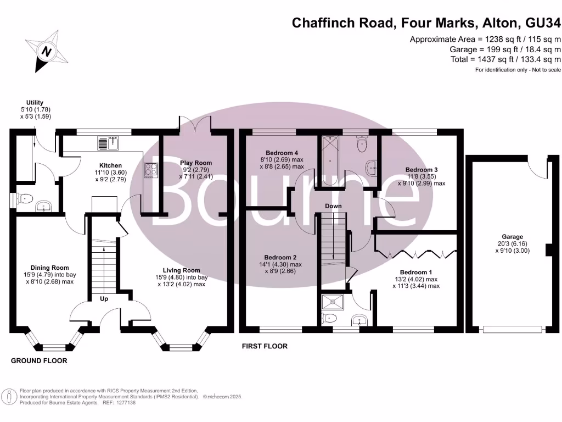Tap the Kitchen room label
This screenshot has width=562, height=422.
pyautogui.click(x=110, y=165)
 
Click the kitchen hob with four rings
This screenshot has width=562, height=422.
pyautogui.click(x=150, y=171)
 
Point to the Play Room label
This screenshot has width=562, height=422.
pyautogui.click(x=196, y=163)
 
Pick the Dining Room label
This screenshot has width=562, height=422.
pyautogui.click(x=49, y=268)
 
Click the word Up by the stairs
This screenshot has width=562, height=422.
pyautogui.click(x=104, y=299)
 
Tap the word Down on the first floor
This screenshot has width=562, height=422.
pyautogui.click(x=333, y=206)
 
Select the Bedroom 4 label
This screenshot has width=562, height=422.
pyautogui.click(x=282, y=153)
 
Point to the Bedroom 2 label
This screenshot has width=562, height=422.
pyautogui.click(x=280, y=257)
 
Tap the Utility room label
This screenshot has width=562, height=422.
pyautogui.click(x=35, y=102)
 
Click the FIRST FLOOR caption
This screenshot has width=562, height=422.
pyautogui.click(x=265, y=347)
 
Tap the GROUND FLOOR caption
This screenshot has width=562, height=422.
pyautogui.click(x=40, y=361)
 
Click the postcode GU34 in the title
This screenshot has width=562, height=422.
pyautogui.click(x=543, y=23)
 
